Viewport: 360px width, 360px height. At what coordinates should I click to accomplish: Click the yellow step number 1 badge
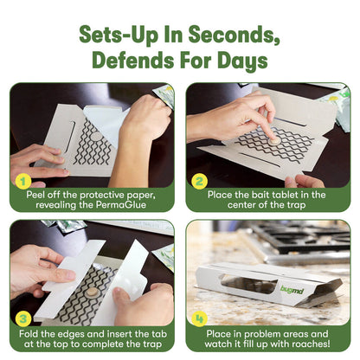(x=22, y=181)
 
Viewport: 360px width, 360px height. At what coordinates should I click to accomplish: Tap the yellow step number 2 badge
(x=199, y=181)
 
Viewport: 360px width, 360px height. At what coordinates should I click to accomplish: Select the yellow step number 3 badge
(x=22, y=318)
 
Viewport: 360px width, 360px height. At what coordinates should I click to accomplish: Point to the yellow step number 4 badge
(x=199, y=318)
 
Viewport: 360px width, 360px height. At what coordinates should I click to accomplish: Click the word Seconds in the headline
(x=234, y=35)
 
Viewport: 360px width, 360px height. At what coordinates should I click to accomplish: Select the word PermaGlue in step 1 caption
(x=121, y=205)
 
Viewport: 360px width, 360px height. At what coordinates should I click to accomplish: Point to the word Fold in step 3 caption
(x=29, y=334)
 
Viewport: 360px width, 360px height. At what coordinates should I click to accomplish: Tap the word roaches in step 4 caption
(x=311, y=344)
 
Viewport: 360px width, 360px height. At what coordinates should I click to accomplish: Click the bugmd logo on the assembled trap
(x=292, y=289)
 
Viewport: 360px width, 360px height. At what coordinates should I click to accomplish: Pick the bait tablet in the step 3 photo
(x=92, y=293)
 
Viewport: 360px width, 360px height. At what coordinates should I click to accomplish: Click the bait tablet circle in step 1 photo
(x=96, y=136)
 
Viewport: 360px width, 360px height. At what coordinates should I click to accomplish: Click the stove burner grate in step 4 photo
(x=300, y=236)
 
